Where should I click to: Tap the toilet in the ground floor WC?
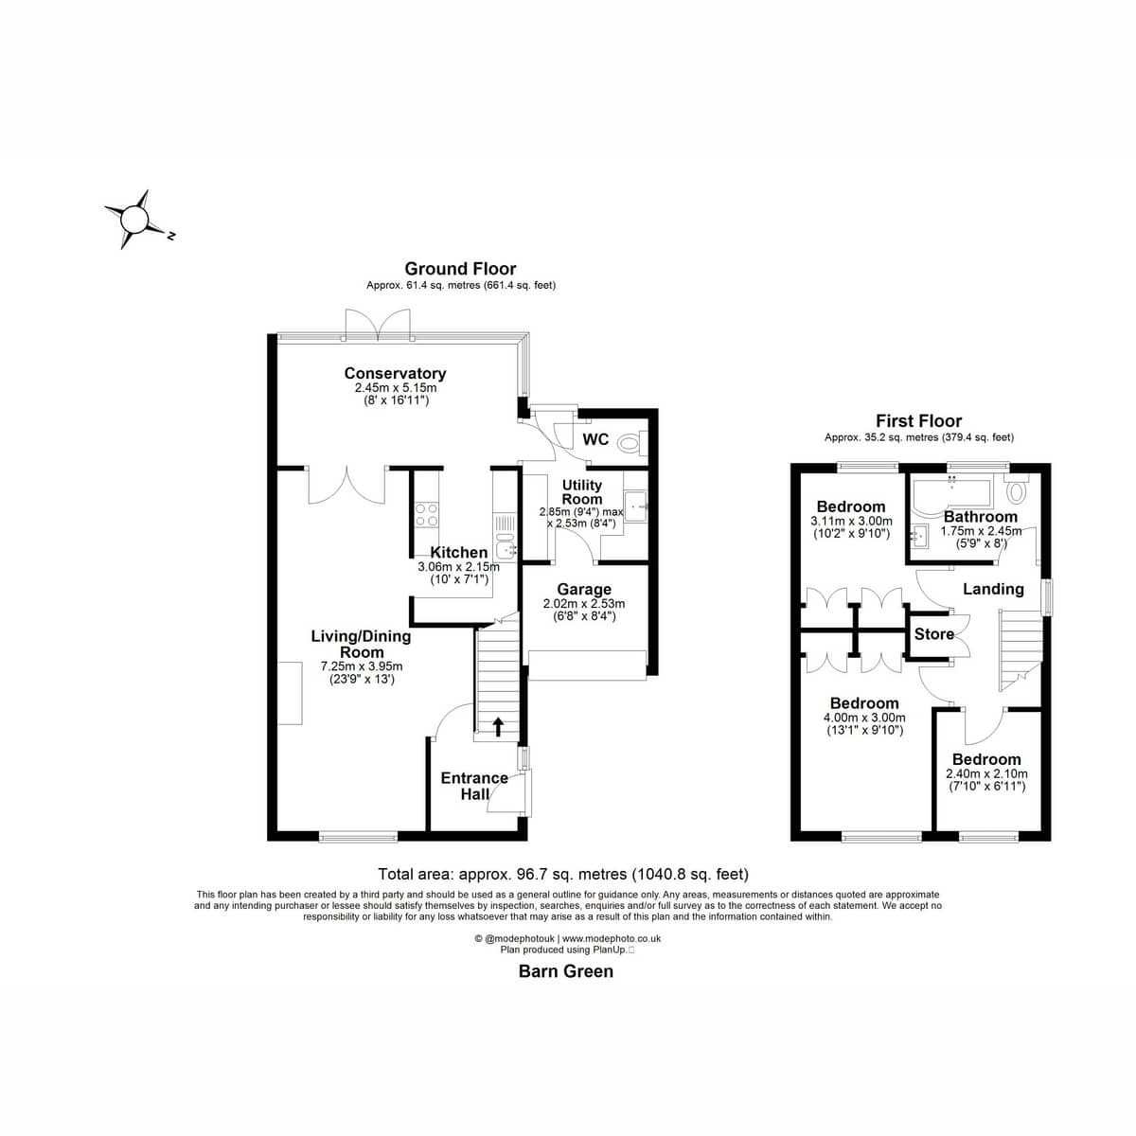tap(633, 442)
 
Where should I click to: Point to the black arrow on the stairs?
tap(498, 726)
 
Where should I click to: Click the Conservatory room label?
tap(395, 373)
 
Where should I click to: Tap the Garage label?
tap(584, 589)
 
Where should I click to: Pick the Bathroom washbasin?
tap(918, 537)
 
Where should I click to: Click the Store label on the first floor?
tap(933, 634)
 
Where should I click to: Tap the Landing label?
tap(993, 589)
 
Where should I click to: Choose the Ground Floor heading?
tap(460, 269)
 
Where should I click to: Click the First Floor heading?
tap(918, 421)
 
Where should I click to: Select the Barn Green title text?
tap(566, 971)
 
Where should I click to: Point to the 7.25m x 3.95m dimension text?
tap(362, 666)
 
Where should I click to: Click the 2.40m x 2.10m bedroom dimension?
tap(986, 774)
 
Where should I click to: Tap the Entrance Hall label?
tap(474, 786)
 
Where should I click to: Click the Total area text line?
tap(563, 874)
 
